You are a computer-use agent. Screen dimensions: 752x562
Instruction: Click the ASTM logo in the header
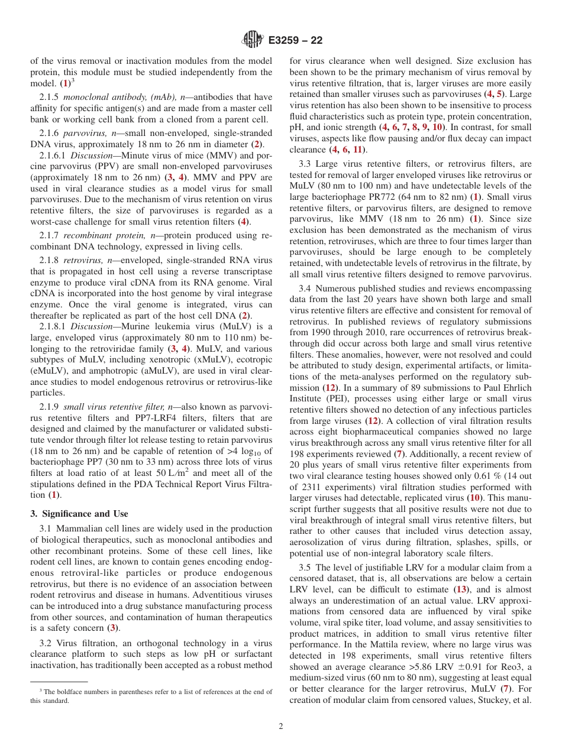click(x=253, y=40)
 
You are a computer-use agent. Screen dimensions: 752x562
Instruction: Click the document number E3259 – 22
click(x=295, y=41)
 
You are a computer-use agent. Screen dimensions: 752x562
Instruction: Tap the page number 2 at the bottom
click(x=281, y=727)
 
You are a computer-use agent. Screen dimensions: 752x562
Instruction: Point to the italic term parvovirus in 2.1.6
click(x=83, y=133)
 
